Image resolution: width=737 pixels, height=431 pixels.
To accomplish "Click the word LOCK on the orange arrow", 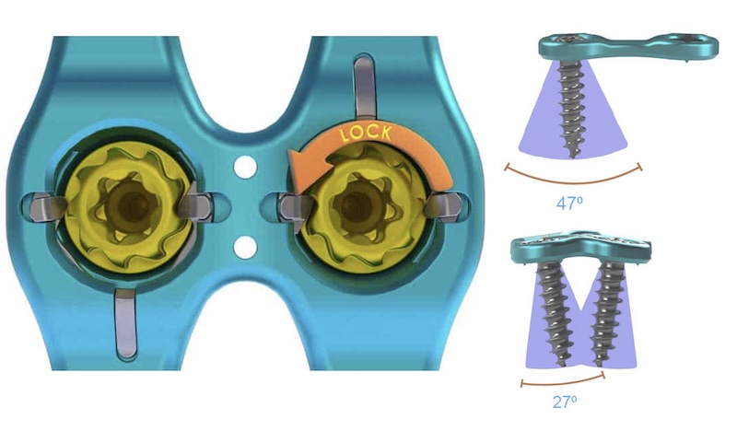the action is (x=366, y=134).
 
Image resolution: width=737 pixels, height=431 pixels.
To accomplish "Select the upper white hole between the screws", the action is (x=245, y=166).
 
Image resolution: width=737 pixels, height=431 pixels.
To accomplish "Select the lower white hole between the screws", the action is (x=245, y=247).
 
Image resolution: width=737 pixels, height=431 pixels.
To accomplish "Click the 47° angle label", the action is (x=569, y=204).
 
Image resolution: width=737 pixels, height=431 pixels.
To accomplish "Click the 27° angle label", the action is (x=565, y=402).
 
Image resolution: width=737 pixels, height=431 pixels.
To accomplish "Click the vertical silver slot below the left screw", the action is (x=126, y=323).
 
